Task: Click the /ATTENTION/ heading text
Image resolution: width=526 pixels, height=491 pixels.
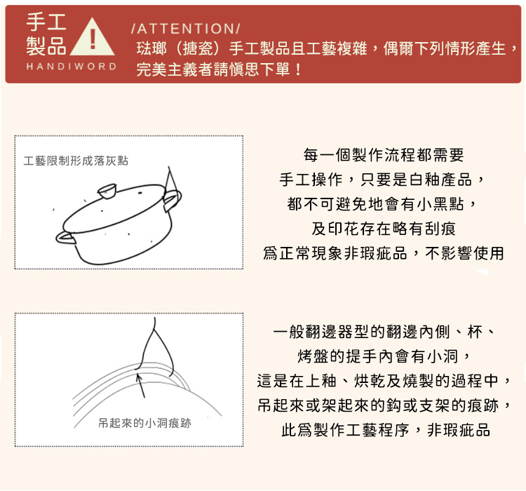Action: pyautogui.click(x=185, y=29)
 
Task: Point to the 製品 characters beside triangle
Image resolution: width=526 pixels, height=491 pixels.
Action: pyautogui.click(x=46, y=47)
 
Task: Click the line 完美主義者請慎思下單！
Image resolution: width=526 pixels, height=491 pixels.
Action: pyautogui.click(x=220, y=70)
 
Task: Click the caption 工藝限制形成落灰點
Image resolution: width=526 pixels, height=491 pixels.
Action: pyautogui.click(x=76, y=161)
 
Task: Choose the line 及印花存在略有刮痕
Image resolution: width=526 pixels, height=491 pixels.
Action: pyautogui.click(x=384, y=229)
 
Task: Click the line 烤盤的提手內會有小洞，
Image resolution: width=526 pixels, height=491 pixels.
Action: pyautogui.click(x=384, y=356)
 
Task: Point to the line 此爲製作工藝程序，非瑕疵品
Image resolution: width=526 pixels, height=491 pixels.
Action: pyautogui.click(x=385, y=430)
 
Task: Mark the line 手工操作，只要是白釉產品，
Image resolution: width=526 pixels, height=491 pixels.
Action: pyautogui.click(x=384, y=180)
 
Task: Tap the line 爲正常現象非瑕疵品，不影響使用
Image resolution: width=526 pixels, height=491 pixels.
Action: pyautogui.click(x=384, y=253)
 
